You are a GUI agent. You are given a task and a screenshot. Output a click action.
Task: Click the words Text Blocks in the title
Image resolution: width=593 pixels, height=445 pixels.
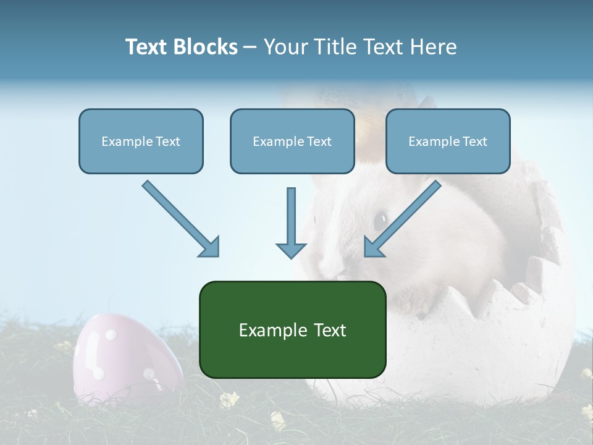point(181,47)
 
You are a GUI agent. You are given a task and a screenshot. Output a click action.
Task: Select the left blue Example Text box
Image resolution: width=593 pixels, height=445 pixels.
point(141,141)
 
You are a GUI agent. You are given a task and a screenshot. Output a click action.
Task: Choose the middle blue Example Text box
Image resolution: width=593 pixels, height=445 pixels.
point(292,141)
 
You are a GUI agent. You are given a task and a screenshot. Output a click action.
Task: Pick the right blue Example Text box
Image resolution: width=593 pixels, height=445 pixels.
point(448,141)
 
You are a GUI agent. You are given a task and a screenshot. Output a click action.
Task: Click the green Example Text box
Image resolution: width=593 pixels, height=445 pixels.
point(292,329)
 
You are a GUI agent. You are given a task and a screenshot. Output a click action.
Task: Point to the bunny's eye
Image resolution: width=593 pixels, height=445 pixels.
point(380,219)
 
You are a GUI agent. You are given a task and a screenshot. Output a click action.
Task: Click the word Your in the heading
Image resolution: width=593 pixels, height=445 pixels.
point(285,47)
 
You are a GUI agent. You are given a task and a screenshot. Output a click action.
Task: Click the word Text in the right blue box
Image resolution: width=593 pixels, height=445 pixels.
point(475,141)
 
